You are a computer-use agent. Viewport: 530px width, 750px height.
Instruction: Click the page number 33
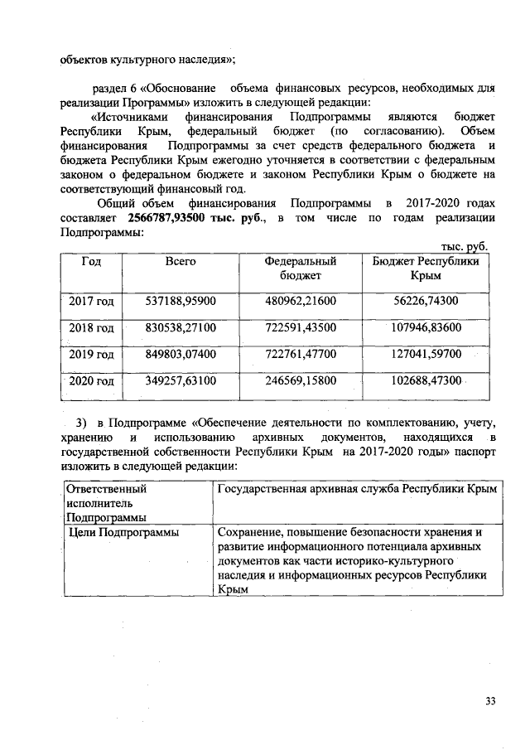pyautogui.click(x=490, y=702)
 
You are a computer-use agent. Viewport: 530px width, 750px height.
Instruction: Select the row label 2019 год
pyautogui.click(x=91, y=355)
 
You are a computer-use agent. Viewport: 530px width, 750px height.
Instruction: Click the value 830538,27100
pyautogui.click(x=180, y=328)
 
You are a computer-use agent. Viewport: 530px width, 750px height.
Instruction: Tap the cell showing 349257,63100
pyautogui.click(x=180, y=382)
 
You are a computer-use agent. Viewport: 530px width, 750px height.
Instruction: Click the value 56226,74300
pyautogui.click(x=426, y=301)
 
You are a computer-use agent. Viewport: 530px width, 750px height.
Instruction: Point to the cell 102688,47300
pyautogui.click(x=426, y=382)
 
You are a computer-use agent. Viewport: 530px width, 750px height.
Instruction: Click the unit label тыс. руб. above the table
pyautogui.click(x=465, y=247)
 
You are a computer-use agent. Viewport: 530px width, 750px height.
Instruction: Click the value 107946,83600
pyautogui.click(x=426, y=328)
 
